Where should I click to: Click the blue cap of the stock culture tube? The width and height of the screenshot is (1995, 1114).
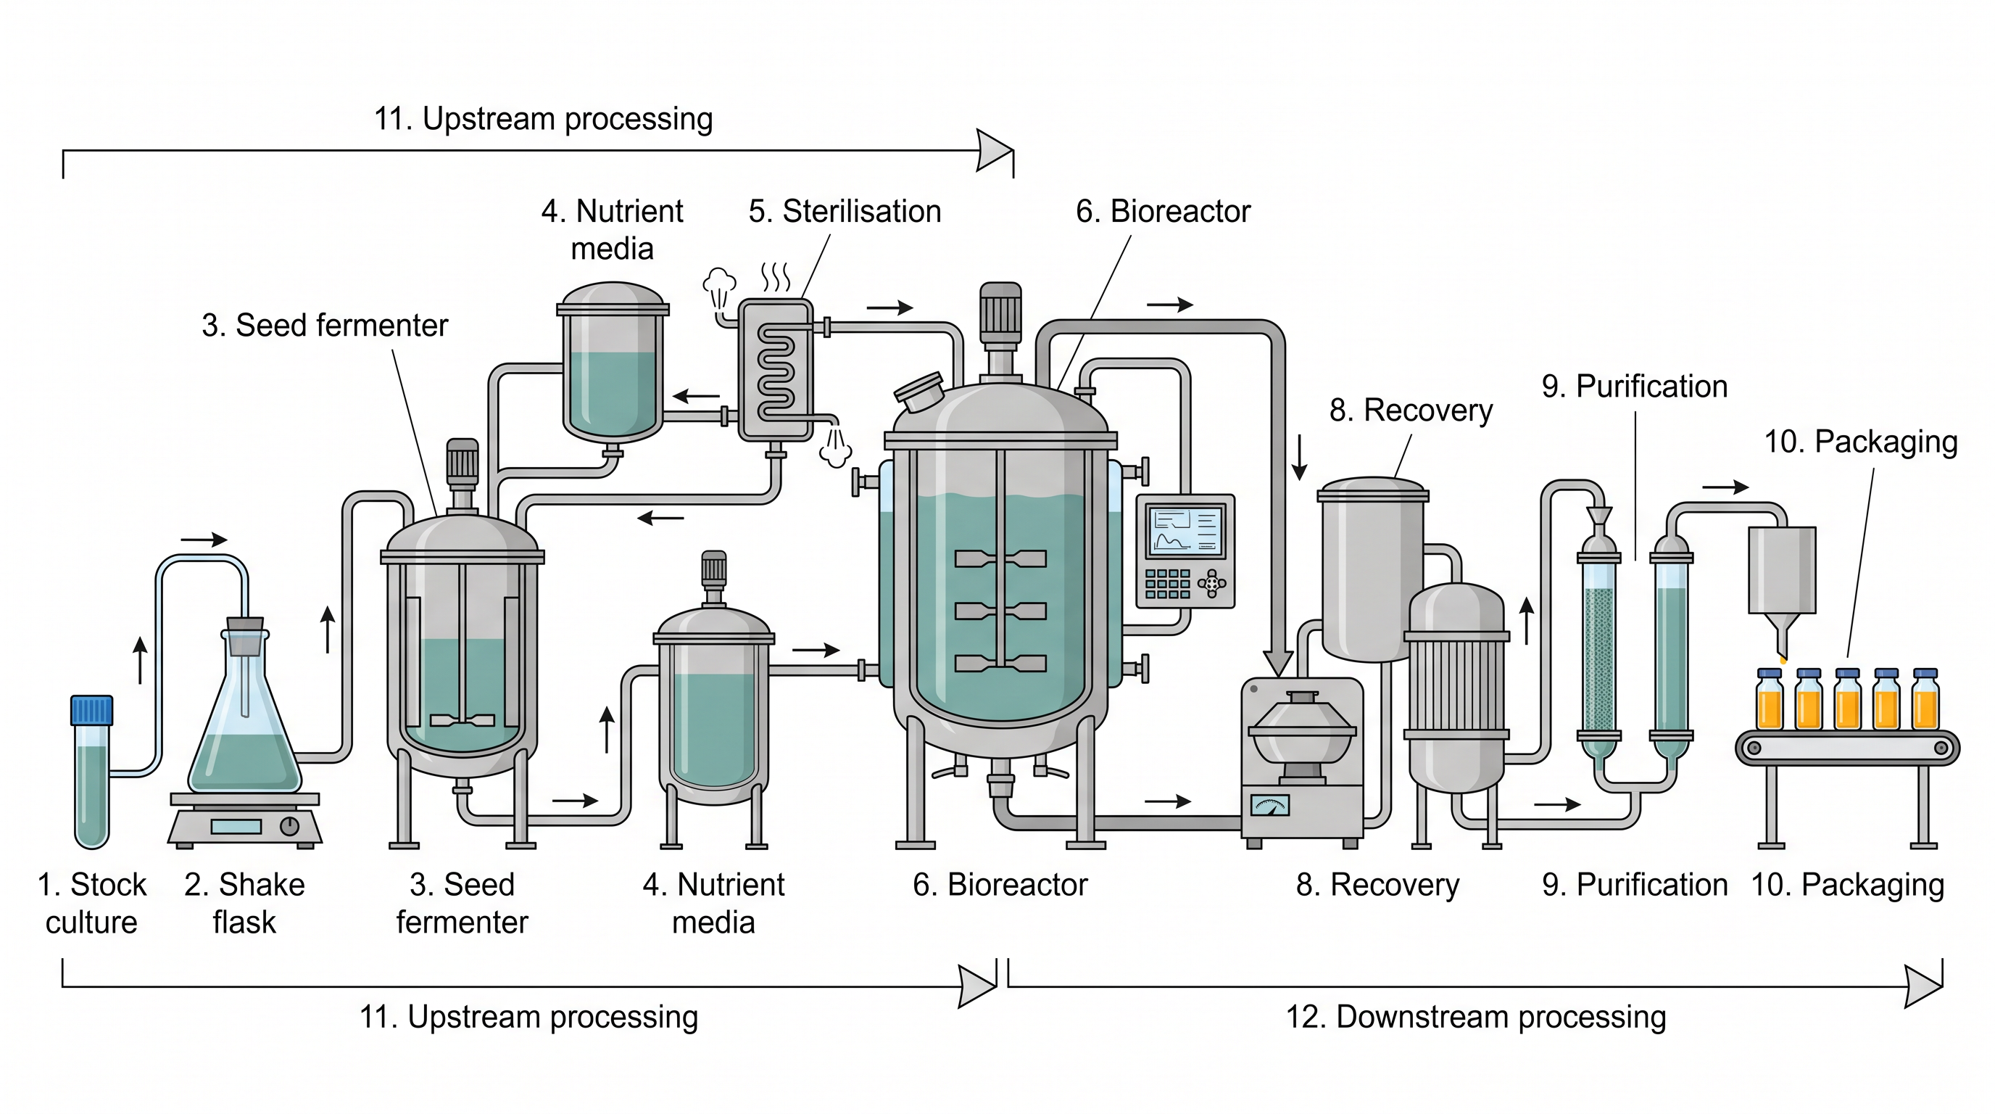point(91,709)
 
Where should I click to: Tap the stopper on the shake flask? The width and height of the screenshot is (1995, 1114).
point(245,635)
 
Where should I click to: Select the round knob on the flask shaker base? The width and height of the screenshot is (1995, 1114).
point(290,826)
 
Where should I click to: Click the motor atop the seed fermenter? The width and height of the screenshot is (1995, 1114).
point(463,463)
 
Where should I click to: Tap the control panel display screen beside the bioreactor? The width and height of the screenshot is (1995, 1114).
point(1185,531)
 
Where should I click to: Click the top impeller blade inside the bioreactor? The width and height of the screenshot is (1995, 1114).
point(1000,558)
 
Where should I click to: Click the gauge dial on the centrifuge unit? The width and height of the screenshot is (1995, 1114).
point(1270,806)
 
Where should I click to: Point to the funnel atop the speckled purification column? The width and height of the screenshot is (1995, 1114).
point(1599,516)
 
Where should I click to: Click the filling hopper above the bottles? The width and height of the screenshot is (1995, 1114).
point(1782,589)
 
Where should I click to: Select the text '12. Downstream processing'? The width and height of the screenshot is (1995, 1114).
point(1476,1017)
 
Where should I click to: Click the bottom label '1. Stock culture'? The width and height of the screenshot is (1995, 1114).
point(91,903)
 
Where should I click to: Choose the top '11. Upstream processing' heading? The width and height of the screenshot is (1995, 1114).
point(543,119)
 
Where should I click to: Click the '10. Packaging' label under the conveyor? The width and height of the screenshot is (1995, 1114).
point(1848,885)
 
